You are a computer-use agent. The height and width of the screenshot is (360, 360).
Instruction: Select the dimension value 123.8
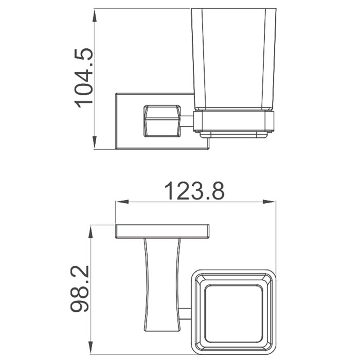(194, 191)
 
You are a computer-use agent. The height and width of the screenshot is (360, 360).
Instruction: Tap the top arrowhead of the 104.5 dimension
(95, 15)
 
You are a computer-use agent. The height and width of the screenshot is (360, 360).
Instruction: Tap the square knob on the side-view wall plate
(162, 121)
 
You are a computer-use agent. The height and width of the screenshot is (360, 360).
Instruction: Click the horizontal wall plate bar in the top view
(162, 231)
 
